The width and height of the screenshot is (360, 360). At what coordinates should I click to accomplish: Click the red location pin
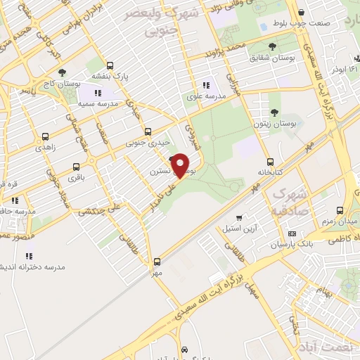(x=181, y=166)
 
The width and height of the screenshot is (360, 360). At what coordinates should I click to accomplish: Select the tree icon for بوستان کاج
(x=63, y=72)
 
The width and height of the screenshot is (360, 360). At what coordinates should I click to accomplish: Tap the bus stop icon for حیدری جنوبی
(x=148, y=131)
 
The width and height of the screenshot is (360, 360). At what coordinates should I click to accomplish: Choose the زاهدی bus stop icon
(x=46, y=136)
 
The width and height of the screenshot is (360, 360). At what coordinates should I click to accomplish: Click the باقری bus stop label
(x=60, y=178)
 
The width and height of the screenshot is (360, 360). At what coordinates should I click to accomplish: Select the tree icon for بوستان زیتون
(x=275, y=112)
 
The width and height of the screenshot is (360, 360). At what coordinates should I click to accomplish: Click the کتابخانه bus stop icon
(x=271, y=162)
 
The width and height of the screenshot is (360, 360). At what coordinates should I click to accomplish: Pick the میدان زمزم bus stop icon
(x=341, y=210)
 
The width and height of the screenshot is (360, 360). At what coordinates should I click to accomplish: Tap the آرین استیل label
(x=255, y=229)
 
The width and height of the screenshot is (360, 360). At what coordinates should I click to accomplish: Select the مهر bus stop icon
(x=157, y=261)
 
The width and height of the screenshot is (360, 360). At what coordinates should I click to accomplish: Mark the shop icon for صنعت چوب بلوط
(x=301, y=12)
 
